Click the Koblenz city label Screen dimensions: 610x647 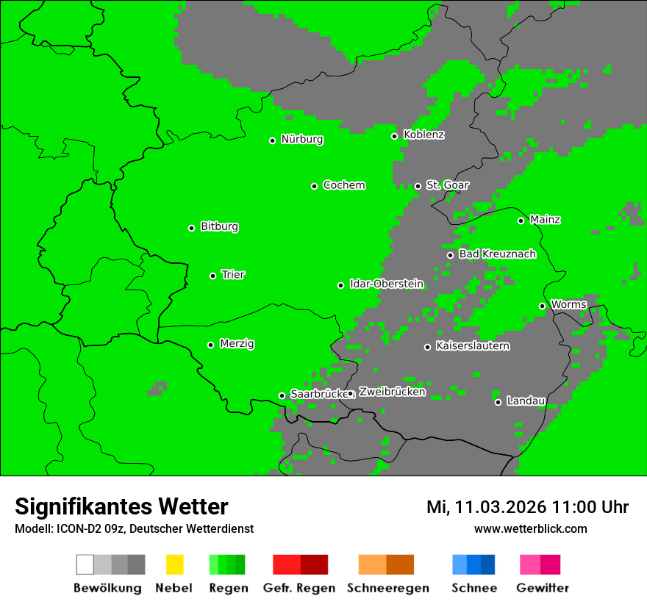[x=423, y=134]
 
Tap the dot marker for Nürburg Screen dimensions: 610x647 [x=272, y=140]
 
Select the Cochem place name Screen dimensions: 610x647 [x=344, y=185]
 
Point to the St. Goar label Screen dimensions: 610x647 [x=447, y=185]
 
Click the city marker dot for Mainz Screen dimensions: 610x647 [x=521, y=220]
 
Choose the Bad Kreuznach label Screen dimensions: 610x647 [x=497, y=254]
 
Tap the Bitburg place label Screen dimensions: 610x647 [x=219, y=226]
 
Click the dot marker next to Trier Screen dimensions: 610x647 [x=212, y=276]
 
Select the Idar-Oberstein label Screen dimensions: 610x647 [x=387, y=284]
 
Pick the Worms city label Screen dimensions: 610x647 [x=568, y=304]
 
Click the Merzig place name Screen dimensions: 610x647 [x=237, y=343]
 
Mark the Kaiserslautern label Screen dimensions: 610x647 [x=473, y=345]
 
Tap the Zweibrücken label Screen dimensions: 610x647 [x=392, y=392]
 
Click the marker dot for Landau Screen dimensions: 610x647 [x=498, y=402]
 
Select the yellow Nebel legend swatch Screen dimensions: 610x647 [x=174, y=564]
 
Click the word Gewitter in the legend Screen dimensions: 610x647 [x=543, y=588]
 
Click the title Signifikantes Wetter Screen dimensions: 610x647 [x=121, y=506]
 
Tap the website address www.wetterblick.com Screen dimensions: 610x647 [x=530, y=528]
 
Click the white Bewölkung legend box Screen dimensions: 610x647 [x=85, y=564]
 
